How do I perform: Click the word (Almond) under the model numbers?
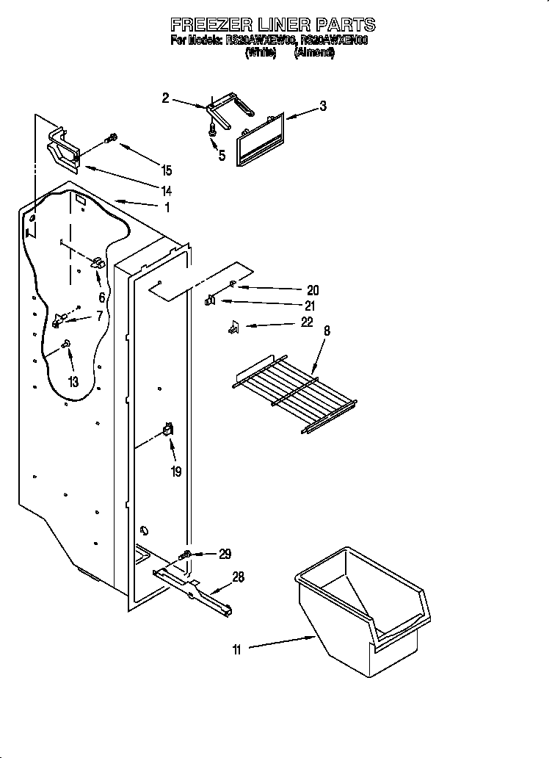(313, 53)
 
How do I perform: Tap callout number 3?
(322, 106)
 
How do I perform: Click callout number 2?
(165, 98)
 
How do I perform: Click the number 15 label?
(167, 170)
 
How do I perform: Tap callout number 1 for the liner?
(167, 208)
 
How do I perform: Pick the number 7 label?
(100, 316)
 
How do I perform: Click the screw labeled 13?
(66, 342)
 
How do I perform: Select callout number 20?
(313, 290)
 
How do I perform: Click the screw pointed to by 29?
(187, 554)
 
